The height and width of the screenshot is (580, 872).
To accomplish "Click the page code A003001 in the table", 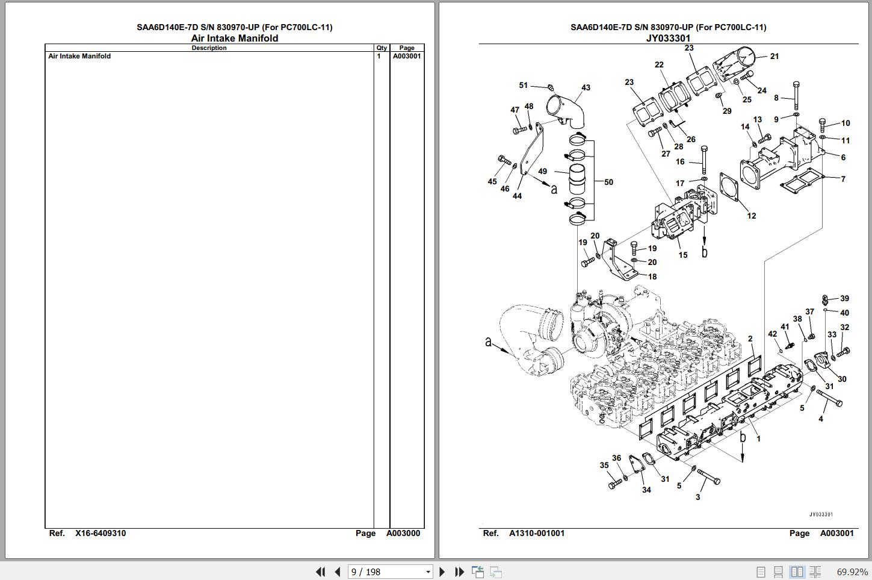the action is tap(407, 56).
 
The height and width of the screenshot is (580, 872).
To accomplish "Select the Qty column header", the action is tap(382, 48).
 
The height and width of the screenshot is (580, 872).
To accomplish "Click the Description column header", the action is tap(209, 48).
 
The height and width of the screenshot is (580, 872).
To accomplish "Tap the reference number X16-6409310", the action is tap(100, 533).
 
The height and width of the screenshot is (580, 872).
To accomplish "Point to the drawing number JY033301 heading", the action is tap(668, 38).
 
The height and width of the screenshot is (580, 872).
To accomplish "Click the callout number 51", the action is tap(523, 85).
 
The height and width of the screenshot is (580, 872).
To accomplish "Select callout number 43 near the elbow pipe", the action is tap(586, 88).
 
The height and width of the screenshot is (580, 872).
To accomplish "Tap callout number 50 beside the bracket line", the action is tap(608, 182).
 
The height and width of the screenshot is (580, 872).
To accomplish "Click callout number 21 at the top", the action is tap(775, 56).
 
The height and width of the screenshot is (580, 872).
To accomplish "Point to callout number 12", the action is tap(751, 216).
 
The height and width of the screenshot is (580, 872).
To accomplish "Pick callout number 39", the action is tap(844, 298).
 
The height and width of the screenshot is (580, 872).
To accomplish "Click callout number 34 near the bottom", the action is tap(646, 490).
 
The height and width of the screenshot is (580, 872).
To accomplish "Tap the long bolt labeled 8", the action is tap(796, 96).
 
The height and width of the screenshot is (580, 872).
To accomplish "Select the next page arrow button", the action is tap(442, 572).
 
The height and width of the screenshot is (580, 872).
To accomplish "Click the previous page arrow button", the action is tap(338, 572).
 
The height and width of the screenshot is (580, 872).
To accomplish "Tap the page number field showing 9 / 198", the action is tap(390, 572).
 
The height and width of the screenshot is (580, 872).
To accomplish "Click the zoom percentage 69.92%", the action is tap(852, 572).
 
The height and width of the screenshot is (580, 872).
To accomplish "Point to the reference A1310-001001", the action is tap(537, 533).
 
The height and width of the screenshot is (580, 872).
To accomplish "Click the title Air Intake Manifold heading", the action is tap(235, 38).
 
